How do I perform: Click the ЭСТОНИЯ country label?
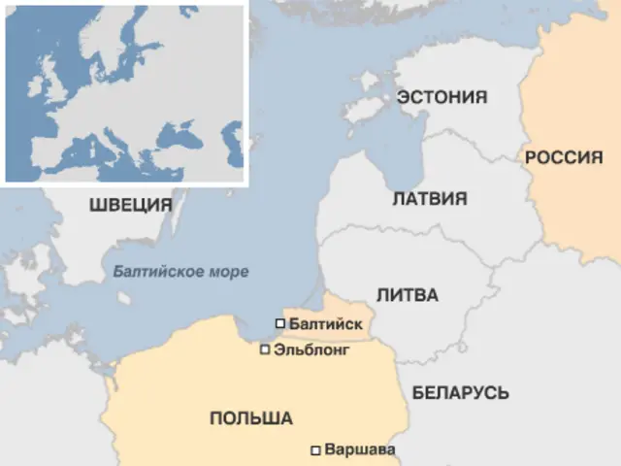[x=441, y=98]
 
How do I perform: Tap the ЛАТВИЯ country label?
[x=430, y=199]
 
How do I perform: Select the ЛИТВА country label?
[x=408, y=295]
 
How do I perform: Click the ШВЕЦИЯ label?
[x=130, y=206]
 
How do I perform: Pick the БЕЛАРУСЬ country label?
[x=461, y=392]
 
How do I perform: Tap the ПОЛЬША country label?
[x=250, y=418]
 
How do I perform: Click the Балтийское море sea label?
[x=180, y=272]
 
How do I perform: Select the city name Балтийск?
[x=326, y=323]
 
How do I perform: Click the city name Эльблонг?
[x=310, y=349]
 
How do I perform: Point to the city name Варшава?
[x=360, y=450]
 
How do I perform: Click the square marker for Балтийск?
[x=280, y=323]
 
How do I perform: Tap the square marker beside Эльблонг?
[x=265, y=349]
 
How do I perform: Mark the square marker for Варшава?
[x=314, y=450]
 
